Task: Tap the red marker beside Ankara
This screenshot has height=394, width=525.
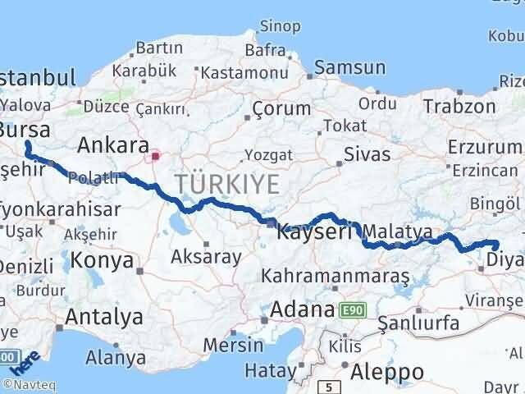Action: coord(155,153)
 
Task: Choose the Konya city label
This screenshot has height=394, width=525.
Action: coord(102,261)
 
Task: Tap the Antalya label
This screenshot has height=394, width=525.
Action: coord(103,317)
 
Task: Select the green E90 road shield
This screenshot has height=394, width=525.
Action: coord(353,310)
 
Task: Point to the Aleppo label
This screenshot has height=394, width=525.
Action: coord(387,373)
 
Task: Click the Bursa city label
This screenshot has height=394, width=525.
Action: coord(25,130)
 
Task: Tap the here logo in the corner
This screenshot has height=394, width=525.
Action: coord(25,362)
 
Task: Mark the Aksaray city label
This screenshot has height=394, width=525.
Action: coord(206,257)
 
